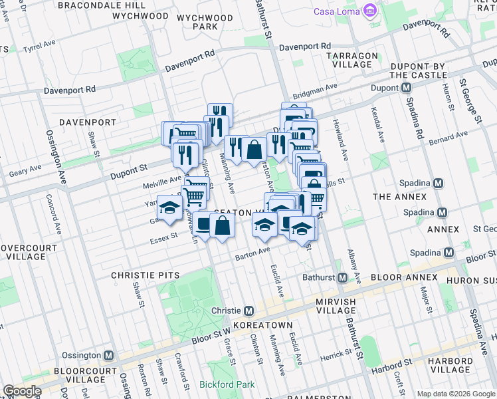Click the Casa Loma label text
[x=336, y=12]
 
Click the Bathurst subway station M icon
[x=344, y=277]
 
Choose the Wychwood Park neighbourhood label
[x=198, y=21]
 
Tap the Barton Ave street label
[x=252, y=253]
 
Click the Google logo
[x=23, y=391]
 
